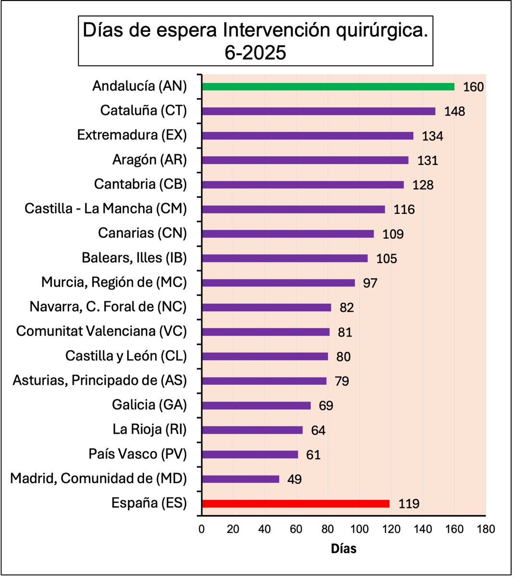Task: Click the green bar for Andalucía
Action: click(x=328, y=87)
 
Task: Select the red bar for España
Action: click(x=296, y=503)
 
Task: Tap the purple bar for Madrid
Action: click(x=241, y=479)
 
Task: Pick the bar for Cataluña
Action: click(x=318, y=111)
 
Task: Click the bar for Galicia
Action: click(x=257, y=405)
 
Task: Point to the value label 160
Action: click(x=473, y=87)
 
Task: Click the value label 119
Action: click(x=409, y=504)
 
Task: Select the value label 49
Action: click(x=294, y=479)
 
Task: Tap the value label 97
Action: click(x=370, y=283)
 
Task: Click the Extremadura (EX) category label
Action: click(x=132, y=135)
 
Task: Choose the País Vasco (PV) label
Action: click(x=137, y=454)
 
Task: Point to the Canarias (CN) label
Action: click(x=142, y=233)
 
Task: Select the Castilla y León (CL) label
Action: click(x=126, y=356)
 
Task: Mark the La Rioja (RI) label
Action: click(x=149, y=429)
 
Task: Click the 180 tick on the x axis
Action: click(x=486, y=529)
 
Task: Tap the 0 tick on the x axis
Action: click(x=202, y=529)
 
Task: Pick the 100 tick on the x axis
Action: click(x=359, y=529)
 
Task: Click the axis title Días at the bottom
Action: click(x=343, y=548)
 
